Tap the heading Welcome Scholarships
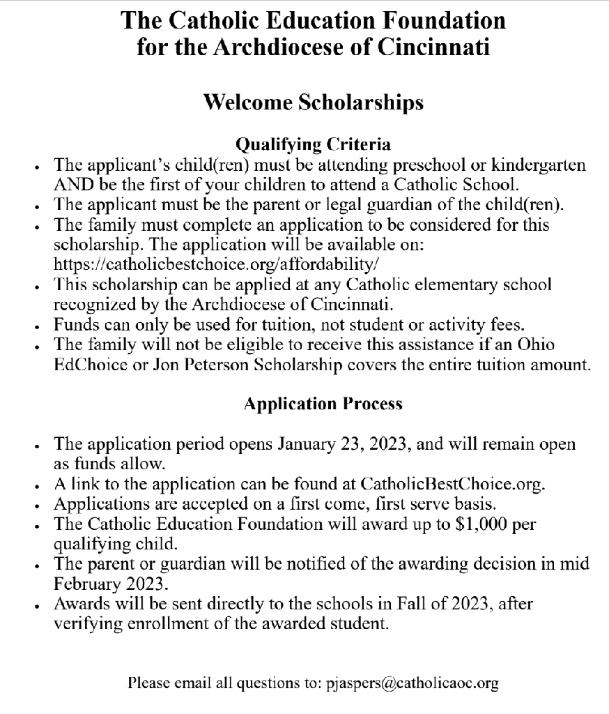point(312,102)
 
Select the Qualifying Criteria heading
point(313,145)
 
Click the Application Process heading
point(323,404)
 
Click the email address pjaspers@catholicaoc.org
point(413,683)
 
